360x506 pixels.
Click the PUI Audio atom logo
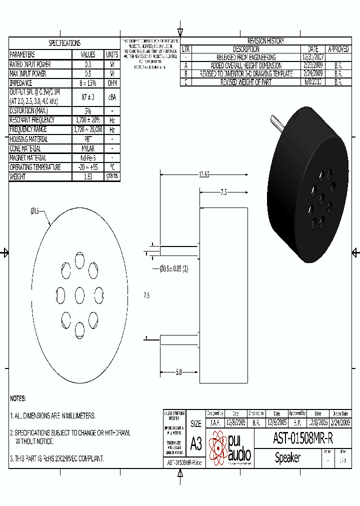click(x=218, y=448)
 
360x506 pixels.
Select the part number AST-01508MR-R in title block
click(x=302, y=438)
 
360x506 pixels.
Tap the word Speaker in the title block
click(x=288, y=457)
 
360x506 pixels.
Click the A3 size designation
click(x=196, y=443)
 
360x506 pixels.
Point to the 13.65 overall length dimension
click(x=204, y=174)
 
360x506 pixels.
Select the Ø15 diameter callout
click(x=35, y=211)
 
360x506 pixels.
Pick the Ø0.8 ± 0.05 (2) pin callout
click(x=174, y=269)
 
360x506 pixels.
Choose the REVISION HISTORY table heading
click(x=265, y=41)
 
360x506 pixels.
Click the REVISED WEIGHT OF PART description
click(x=246, y=82)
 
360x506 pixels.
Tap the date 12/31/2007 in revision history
click(x=313, y=57)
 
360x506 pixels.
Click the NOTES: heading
click(x=18, y=398)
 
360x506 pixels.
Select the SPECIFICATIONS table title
click(x=64, y=43)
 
